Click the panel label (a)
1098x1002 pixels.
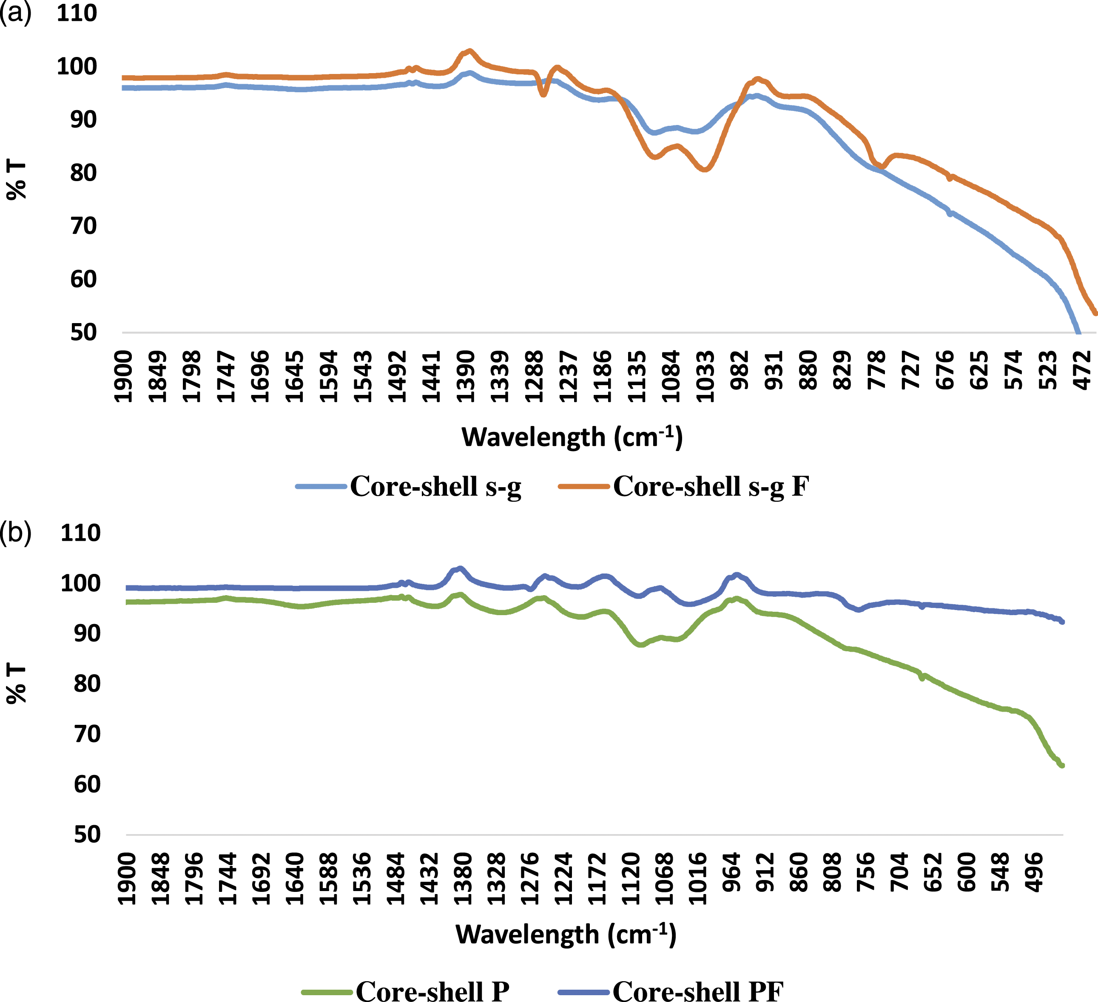click(x=15, y=12)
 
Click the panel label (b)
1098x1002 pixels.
click(x=15, y=532)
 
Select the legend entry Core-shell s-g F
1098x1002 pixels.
click(x=683, y=486)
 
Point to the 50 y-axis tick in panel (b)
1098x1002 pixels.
click(x=87, y=834)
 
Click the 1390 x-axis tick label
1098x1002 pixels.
click(x=466, y=376)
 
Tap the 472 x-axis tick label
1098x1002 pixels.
click(x=1083, y=370)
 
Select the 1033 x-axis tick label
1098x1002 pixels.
click(x=706, y=376)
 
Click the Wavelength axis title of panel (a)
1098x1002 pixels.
click(x=572, y=437)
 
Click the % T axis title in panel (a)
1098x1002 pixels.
click(x=16, y=180)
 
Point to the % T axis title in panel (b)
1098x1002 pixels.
click(x=16, y=684)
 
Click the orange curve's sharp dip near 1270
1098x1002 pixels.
click(x=543, y=95)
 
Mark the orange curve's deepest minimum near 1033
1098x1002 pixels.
click(x=705, y=169)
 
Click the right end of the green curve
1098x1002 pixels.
click(x=1061, y=766)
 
